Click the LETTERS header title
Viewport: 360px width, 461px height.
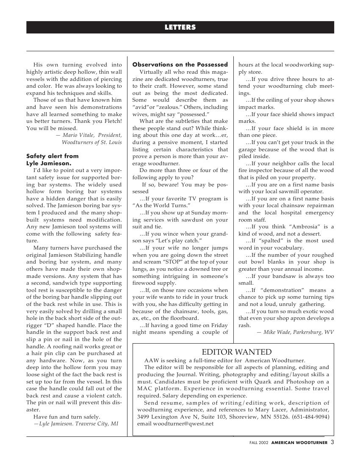pos(180,28)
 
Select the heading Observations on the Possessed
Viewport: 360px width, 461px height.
pos(180,65)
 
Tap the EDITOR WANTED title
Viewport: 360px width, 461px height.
pos(236,352)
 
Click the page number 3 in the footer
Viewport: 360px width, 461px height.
pos(332,442)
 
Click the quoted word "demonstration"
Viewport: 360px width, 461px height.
pos(286,290)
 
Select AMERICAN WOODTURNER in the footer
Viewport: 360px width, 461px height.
pos(299,443)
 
